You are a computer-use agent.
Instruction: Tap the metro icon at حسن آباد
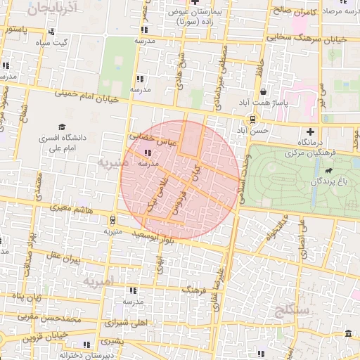click(x=253, y=119)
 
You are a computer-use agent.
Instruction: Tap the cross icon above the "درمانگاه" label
click(x=310, y=131)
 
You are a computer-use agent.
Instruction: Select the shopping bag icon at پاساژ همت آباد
click(x=263, y=91)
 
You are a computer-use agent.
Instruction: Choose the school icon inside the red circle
click(x=148, y=153)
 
